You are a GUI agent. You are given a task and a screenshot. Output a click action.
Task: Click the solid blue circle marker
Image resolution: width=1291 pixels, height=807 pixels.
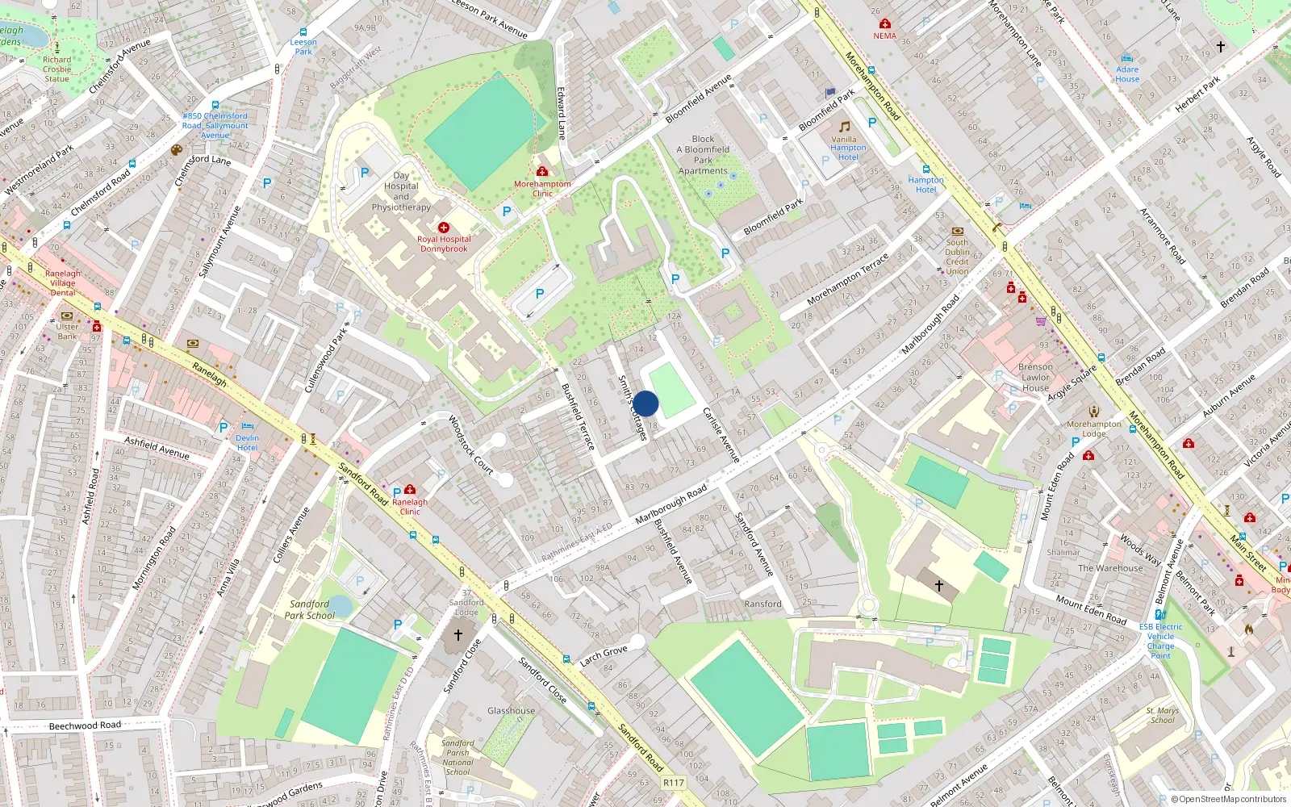(x=645, y=403)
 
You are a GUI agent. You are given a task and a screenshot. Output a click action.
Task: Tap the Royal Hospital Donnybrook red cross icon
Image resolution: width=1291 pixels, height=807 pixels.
(x=444, y=228)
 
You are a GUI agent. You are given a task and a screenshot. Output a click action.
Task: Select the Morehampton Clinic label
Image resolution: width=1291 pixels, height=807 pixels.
(x=542, y=189)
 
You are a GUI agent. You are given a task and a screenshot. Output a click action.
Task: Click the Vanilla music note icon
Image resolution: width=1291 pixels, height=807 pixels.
(x=844, y=127)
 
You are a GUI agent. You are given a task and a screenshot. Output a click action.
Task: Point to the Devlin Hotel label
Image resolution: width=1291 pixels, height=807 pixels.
(x=247, y=443)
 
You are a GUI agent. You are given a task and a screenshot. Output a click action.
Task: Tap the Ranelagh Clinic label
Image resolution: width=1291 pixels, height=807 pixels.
(x=410, y=507)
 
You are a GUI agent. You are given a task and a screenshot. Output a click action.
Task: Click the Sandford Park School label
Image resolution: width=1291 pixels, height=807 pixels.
(x=309, y=609)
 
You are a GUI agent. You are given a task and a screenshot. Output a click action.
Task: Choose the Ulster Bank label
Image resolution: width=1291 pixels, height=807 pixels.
(x=68, y=332)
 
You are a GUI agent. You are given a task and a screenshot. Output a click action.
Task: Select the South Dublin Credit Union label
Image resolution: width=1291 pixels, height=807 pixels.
(x=957, y=257)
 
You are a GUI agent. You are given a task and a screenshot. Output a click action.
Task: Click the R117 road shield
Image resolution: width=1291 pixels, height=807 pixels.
(x=673, y=783)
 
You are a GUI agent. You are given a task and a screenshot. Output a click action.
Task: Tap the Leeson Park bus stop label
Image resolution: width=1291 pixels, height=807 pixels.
(x=303, y=47)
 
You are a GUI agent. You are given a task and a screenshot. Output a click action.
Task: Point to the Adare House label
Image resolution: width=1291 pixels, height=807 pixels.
(x=1127, y=74)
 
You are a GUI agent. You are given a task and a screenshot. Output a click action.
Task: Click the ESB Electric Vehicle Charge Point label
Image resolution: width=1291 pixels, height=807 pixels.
(x=1160, y=641)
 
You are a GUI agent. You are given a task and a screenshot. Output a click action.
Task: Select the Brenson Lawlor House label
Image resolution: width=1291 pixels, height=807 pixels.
(x=1035, y=377)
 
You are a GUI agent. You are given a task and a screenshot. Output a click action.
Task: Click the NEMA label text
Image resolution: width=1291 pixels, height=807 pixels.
(x=884, y=36)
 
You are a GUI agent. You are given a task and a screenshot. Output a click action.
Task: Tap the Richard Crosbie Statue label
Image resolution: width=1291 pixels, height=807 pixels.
(x=56, y=69)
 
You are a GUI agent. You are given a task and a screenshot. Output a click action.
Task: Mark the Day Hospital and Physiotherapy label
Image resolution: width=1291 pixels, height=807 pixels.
(x=401, y=191)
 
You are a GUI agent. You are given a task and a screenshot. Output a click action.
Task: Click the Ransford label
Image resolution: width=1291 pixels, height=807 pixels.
(x=762, y=604)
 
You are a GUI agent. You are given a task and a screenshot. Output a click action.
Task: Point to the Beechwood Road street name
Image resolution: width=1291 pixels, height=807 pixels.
(x=85, y=725)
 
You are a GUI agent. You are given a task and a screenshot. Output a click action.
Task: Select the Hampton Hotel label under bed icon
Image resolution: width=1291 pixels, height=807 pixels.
(x=925, y=185)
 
